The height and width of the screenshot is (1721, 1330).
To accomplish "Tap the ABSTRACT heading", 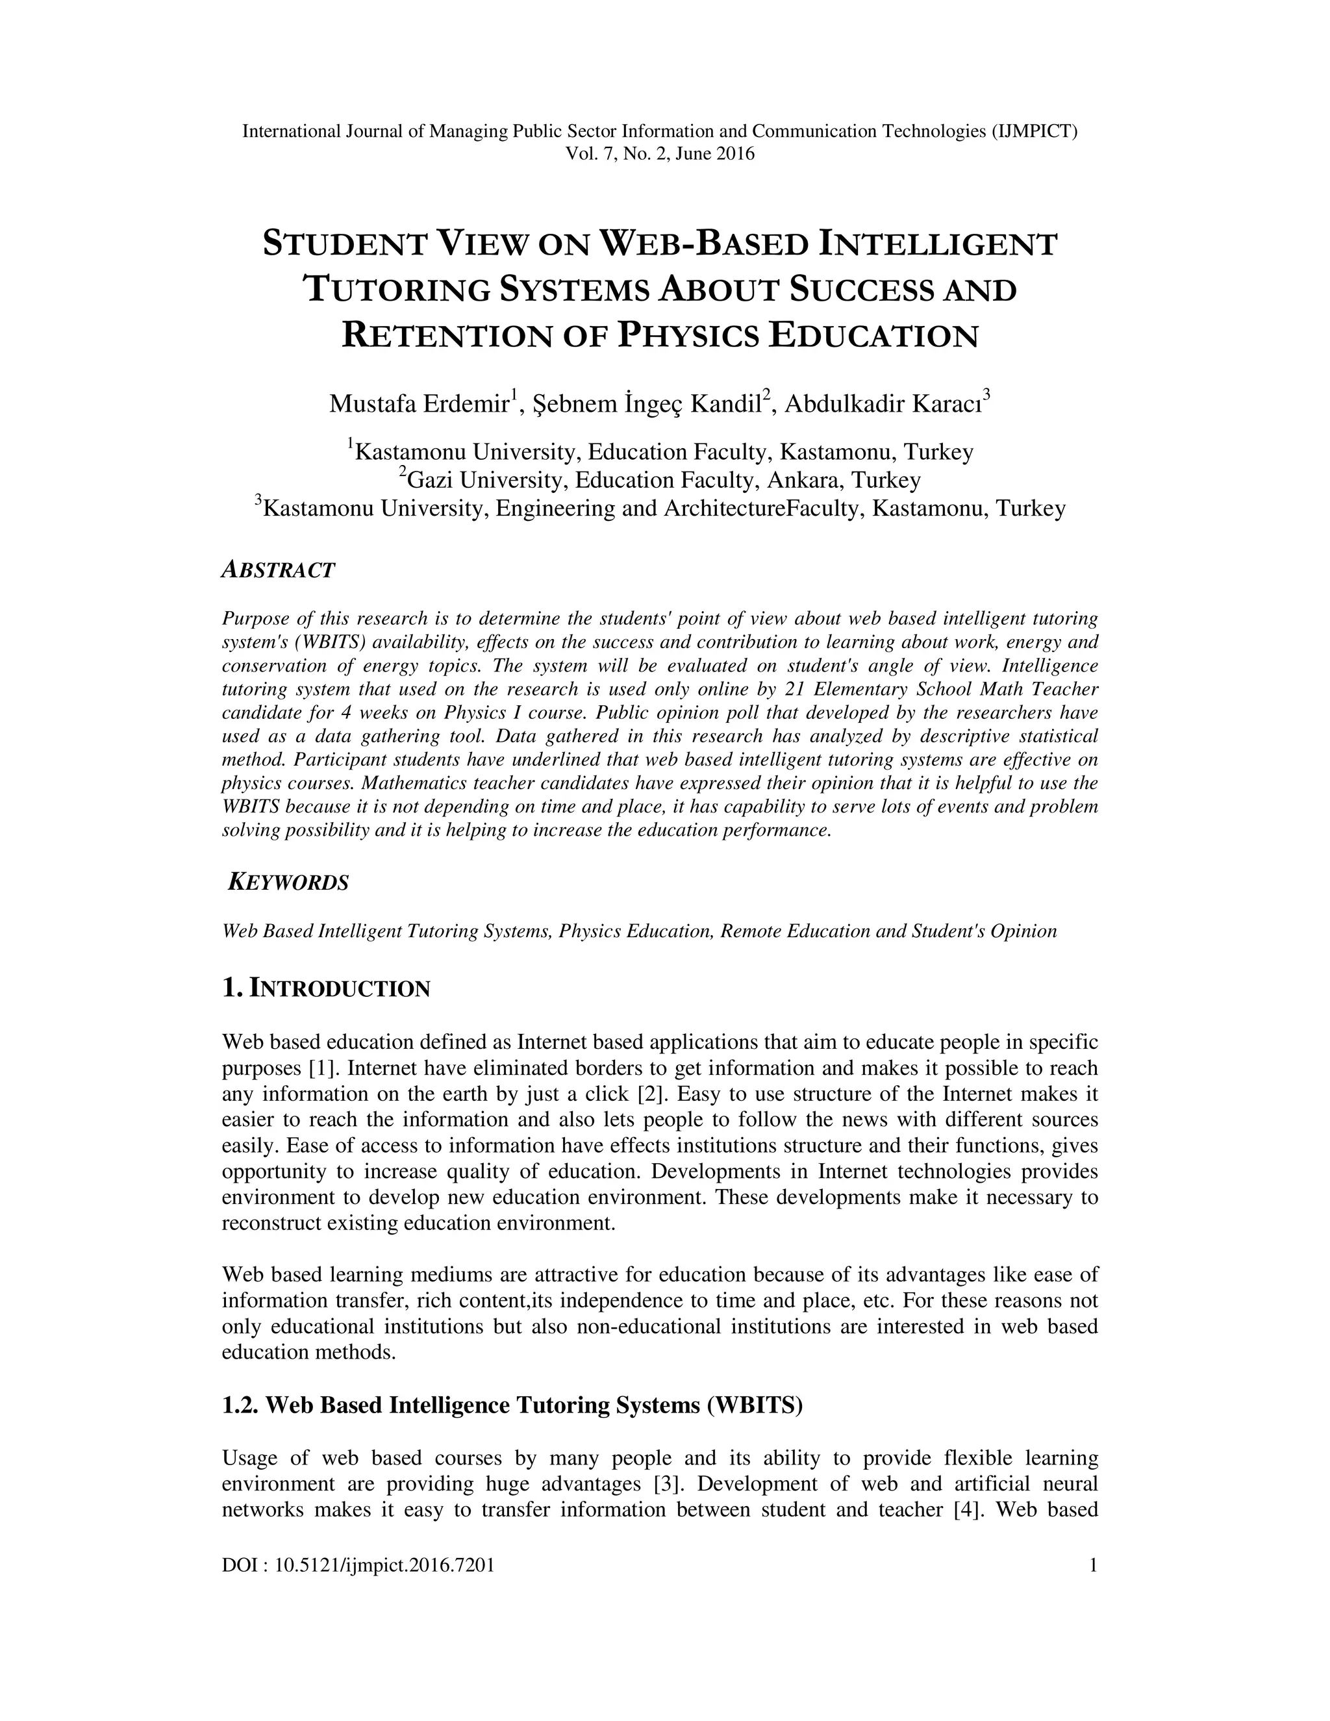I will [278, 570].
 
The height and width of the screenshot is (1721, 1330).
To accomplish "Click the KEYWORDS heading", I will [288, 883].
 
